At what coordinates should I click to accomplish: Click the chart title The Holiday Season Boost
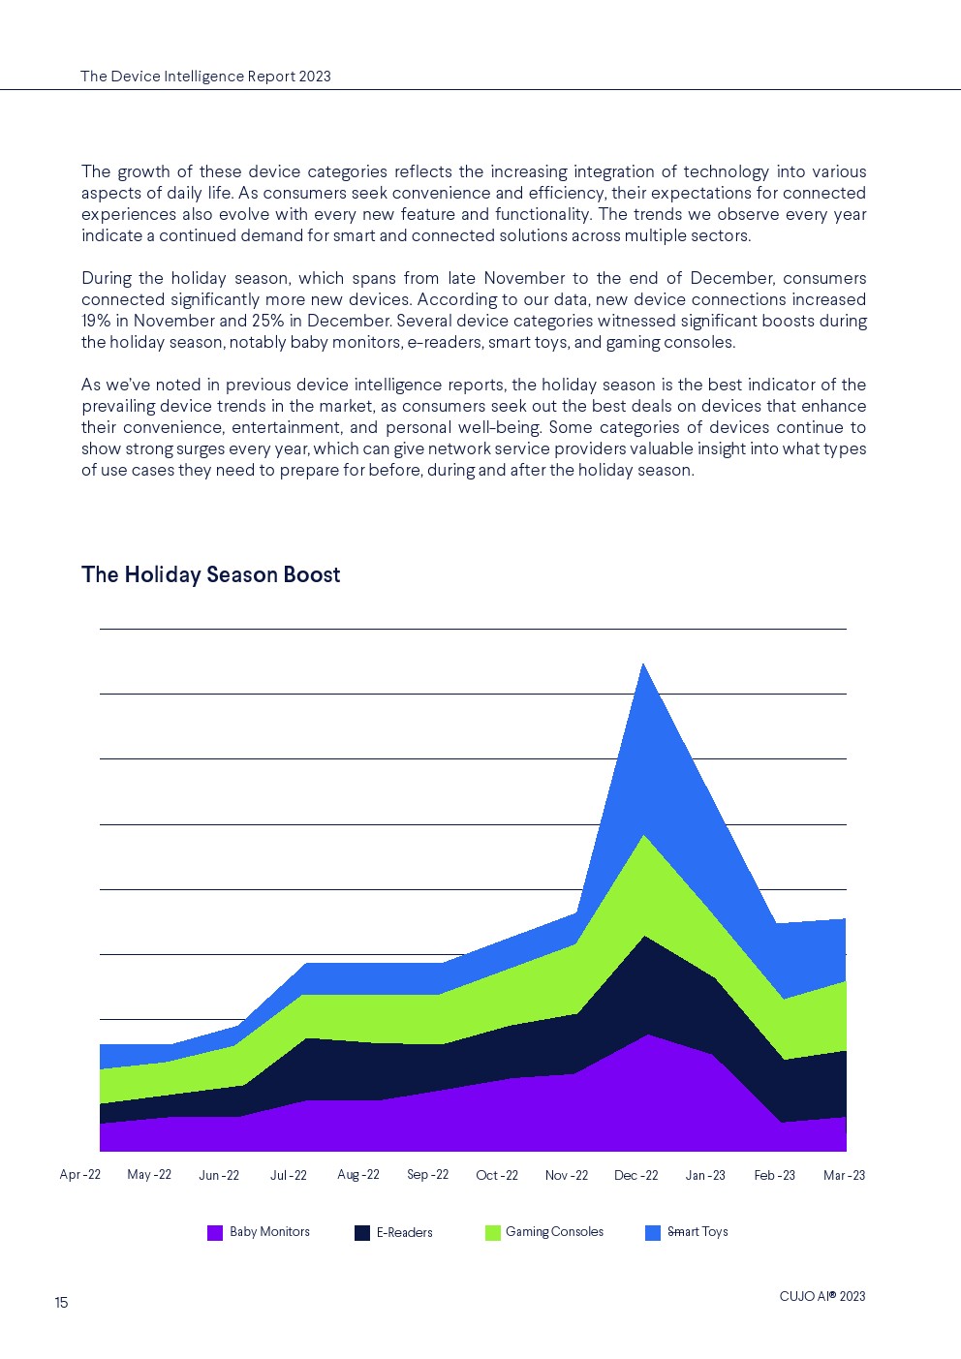tap(210, 574)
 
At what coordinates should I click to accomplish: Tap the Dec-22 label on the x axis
tap(635, 1175)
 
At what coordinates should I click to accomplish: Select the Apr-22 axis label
tap(80, 1174)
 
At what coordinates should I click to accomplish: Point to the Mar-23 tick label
tap(844, 1175)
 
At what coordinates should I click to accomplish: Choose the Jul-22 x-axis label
tap(288, 1175)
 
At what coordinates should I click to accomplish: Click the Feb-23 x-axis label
tap(774, 1175)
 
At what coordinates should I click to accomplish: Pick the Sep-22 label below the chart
tap(427, 1174)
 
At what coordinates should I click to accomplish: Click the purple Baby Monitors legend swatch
tap(215, 1233)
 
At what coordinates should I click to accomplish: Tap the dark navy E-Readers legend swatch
tap(362, 1233)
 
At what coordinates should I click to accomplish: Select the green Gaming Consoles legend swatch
tap(493, 1233)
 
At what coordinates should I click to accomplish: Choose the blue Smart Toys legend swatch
tap(653, 1233)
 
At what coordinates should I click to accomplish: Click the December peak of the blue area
tap(643, 664)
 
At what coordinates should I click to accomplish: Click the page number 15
tap(61, 1303)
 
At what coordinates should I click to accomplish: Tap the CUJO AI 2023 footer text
tap(821, 1296)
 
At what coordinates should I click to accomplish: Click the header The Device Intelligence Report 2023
tap(205, 77)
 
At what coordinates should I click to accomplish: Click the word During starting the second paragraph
tap(108, 278)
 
